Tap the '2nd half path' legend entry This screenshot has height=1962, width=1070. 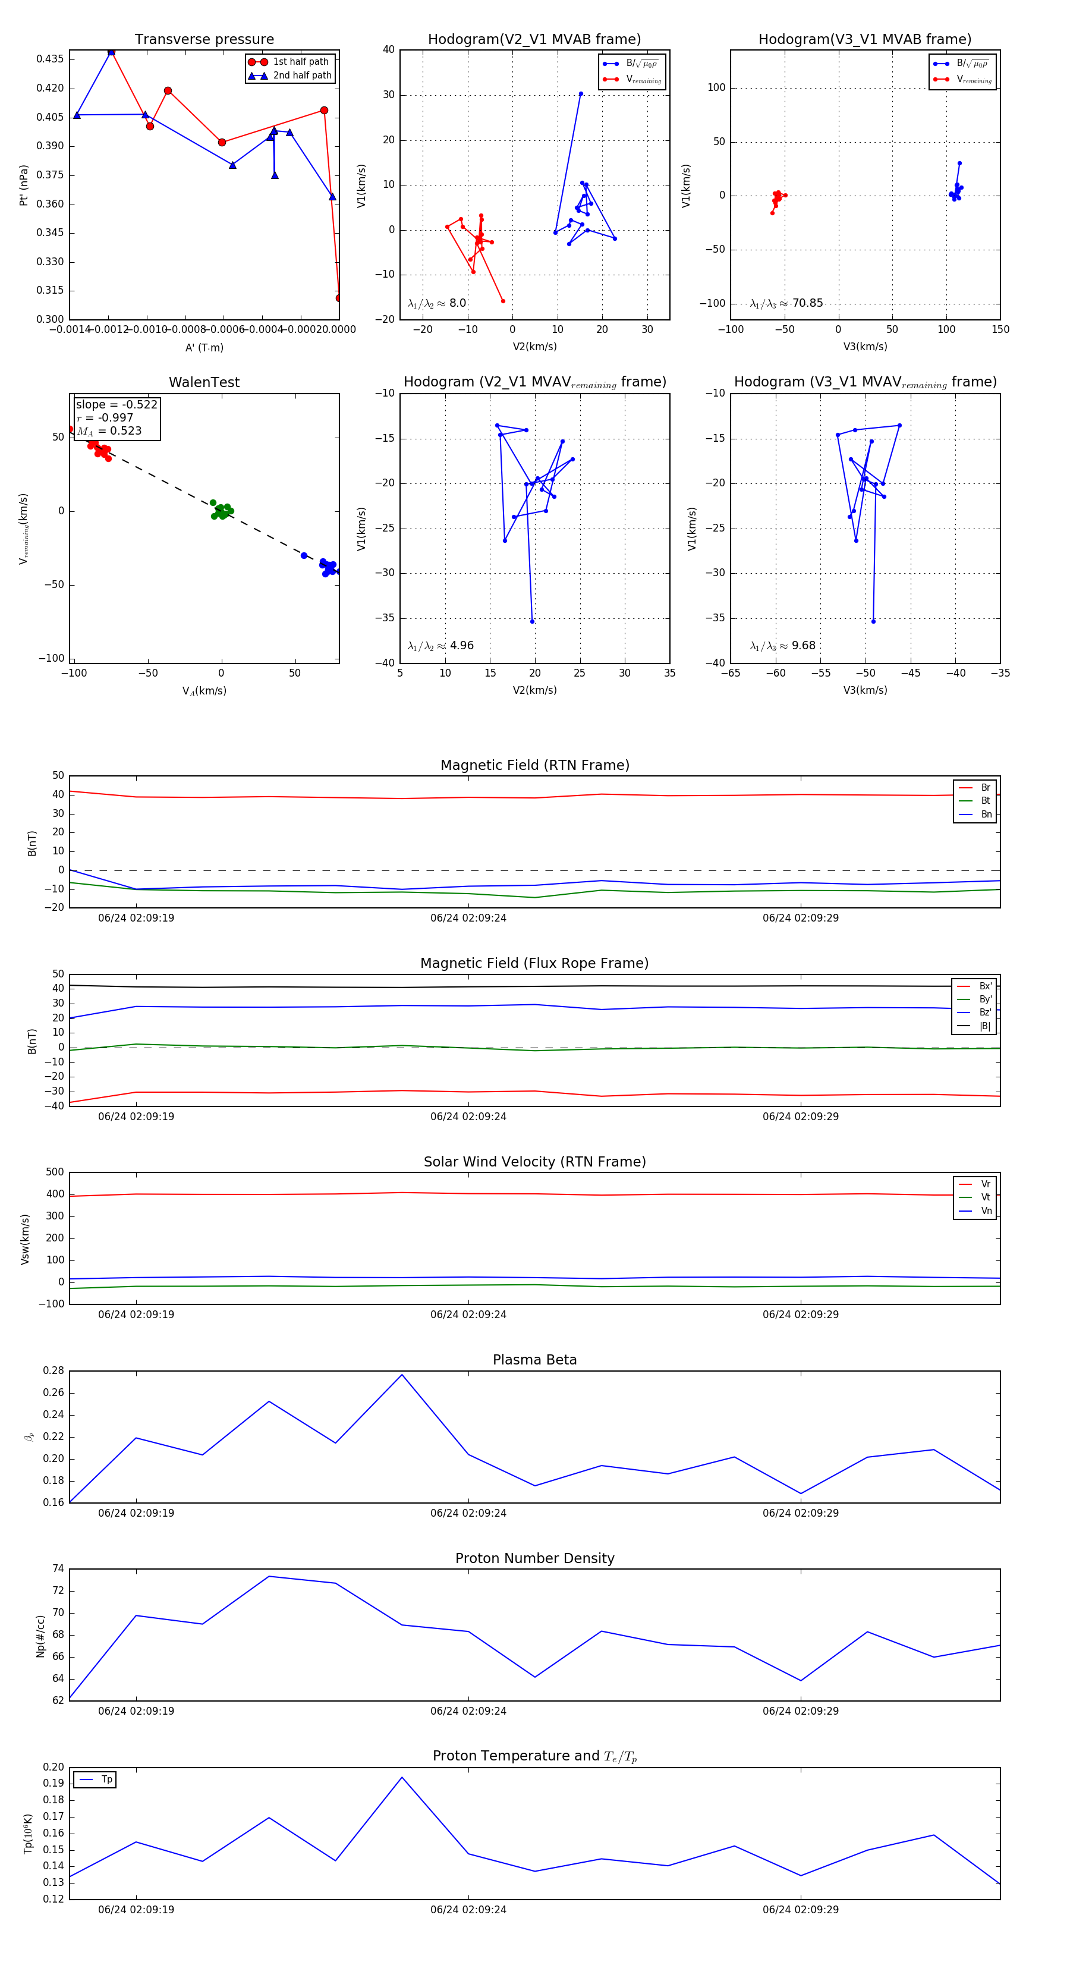click(x=301, y=76)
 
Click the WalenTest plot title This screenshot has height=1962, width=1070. click(x=204, y=382)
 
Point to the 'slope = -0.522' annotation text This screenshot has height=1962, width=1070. click(x=117, y=404)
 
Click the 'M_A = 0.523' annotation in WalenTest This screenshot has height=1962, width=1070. click(x=109, y=431)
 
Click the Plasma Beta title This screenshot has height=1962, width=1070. click(x=534, y=1360)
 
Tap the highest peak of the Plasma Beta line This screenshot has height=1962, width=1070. click(x=402, y=1375)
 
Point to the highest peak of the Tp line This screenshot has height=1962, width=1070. click(x=402, y=1777)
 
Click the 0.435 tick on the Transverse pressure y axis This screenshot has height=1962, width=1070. click(x=51, y=59)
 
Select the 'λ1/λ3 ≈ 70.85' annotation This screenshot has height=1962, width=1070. click(x=786, y=303)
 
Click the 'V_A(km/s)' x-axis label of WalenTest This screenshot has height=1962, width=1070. click(x=204, y=691)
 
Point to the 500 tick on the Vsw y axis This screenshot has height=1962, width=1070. click(x=55, y=1172)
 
